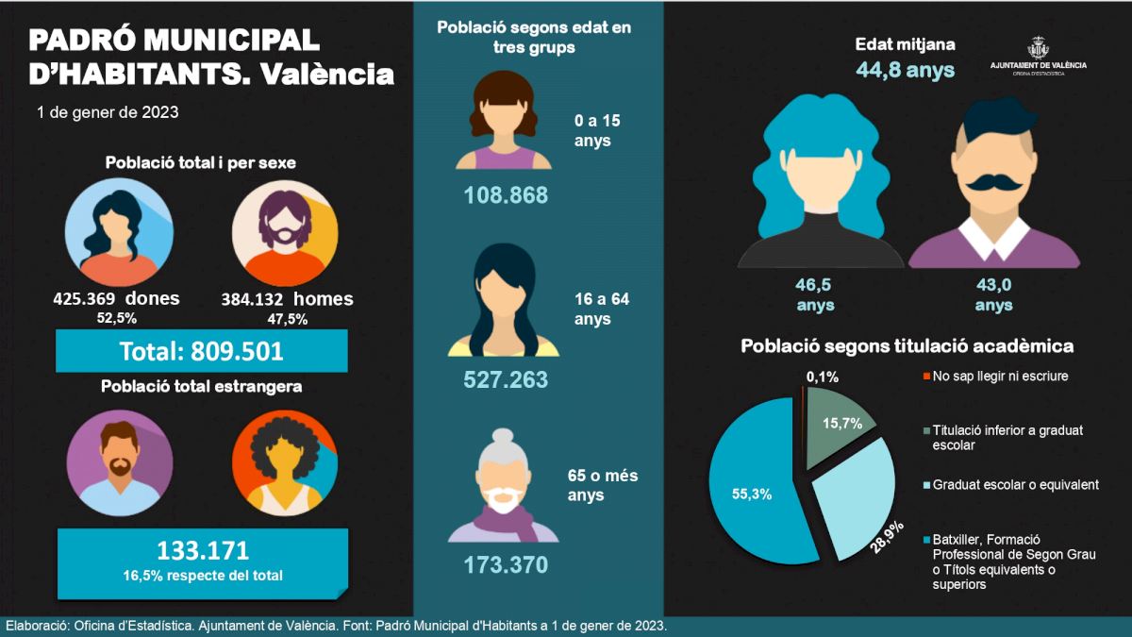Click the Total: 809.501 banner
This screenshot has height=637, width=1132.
201,352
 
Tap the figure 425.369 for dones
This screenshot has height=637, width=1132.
88,300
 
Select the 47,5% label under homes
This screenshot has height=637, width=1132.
287,319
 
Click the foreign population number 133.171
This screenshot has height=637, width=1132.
203,551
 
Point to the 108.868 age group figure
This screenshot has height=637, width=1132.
506,196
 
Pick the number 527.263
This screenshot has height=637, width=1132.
506,379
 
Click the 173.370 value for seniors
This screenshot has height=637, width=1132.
506,565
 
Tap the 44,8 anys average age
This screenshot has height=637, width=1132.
906,70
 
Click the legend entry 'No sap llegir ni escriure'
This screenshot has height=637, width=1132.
1000,376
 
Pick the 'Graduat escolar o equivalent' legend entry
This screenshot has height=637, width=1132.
1015,485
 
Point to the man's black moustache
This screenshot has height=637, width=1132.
995,183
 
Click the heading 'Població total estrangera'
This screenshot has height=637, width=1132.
202,386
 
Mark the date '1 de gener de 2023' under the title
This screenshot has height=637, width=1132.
108,112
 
